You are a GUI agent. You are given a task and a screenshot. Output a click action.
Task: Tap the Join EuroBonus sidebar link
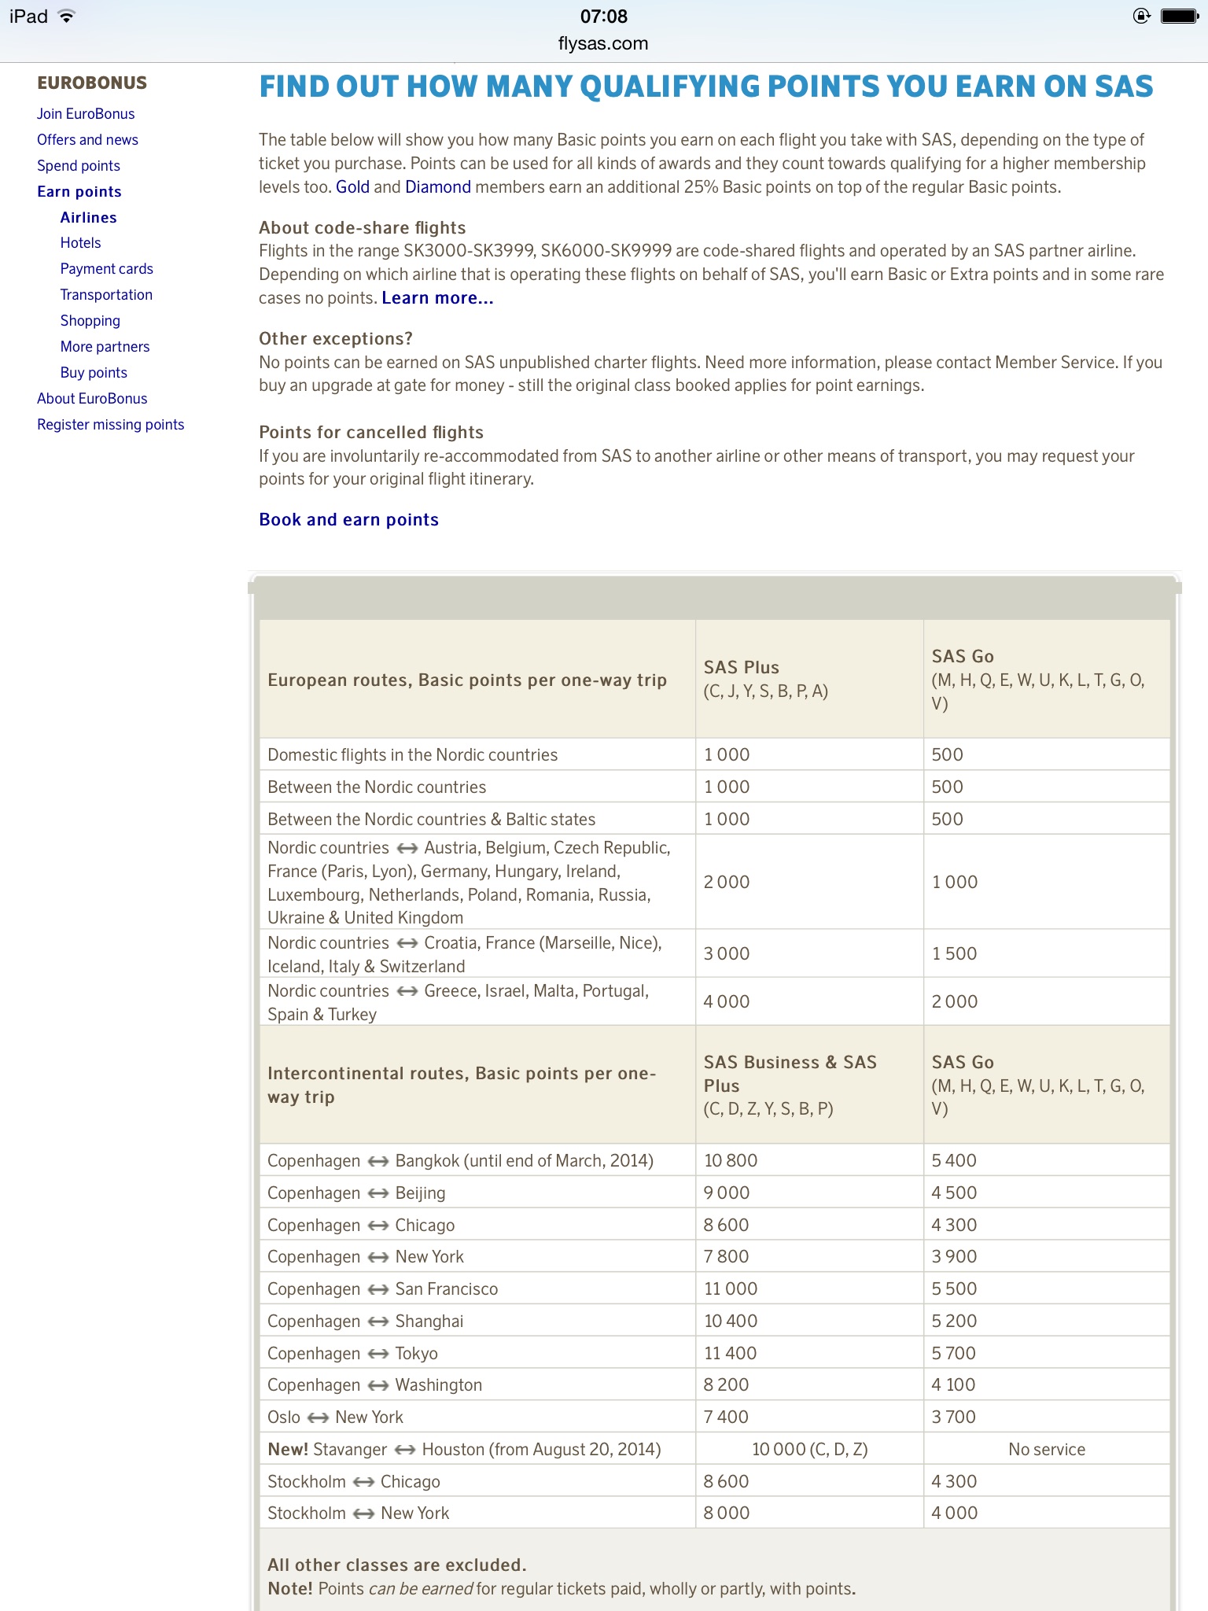click(x=86, y=114)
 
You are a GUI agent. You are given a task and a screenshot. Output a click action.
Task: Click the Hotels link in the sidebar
click(x=80, y=243)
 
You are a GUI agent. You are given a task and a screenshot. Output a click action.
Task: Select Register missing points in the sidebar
click(x=110, y=425)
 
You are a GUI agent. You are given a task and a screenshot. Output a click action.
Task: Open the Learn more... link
click(x=437, y=298)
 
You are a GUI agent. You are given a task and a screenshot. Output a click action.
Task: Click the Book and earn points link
click(x=348, y=520)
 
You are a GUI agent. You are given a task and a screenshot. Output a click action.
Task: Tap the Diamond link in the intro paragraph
click(x=437, y=187)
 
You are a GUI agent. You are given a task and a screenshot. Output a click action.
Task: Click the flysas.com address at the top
click(x=603, y=44)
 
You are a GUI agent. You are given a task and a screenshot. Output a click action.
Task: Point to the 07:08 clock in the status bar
click(x=603, y=17)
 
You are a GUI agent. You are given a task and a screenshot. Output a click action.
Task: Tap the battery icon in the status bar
click(x=1179, y=17)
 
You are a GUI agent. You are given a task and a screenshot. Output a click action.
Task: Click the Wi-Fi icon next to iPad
click(x=67, y=17)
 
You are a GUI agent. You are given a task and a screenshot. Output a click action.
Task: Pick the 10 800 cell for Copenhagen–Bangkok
click(x=731, y=1160)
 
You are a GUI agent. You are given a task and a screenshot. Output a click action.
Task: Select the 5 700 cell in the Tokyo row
click(x=953, y=1353)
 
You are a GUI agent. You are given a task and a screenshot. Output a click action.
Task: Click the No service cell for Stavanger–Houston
click(x=1046, y=1450)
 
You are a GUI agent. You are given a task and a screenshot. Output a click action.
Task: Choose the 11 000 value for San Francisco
click(x=731, y=1288)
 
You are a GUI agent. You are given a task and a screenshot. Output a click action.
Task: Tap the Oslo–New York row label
click(x=335, y=1417)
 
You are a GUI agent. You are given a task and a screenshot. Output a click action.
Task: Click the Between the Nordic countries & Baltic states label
click(x=431, y=820)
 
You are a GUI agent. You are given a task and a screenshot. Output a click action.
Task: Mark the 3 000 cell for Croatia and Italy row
click(x=727, y=953)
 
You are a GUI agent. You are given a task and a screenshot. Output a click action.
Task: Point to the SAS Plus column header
click(x=741, y=668)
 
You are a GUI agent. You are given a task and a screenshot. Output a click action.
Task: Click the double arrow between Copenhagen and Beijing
click(x=378, y=1193)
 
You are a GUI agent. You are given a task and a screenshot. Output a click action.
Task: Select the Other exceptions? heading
click(x=335, y=339)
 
